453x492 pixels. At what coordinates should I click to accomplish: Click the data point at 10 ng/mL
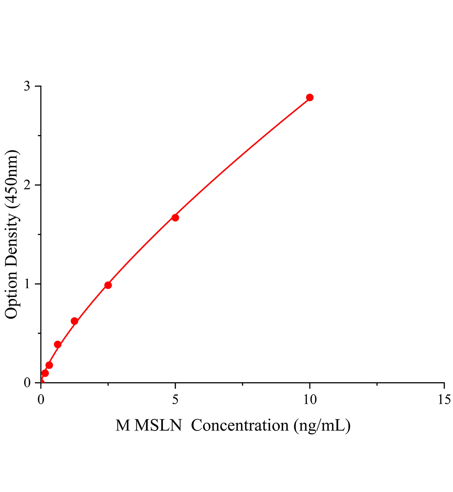click(310, 98)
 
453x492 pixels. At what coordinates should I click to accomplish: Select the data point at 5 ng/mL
click(175, 218)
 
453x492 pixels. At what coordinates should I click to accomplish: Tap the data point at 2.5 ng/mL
click(108, 285)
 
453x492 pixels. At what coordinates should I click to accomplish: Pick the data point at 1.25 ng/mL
click(74, 321)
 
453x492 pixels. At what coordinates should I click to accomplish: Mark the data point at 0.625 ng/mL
click(57, 344)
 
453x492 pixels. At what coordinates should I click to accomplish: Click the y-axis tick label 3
click(27, 86)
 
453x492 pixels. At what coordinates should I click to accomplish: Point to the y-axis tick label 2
click(27, 185)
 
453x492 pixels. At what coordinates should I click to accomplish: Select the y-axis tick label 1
click(27, 284)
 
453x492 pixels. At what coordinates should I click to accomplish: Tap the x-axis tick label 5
click(175, 399)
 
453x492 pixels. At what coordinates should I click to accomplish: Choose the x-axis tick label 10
click(310, 399)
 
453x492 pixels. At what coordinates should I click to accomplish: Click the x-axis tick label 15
click(444, 399)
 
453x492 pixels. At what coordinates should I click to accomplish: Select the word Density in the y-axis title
click(11, 242)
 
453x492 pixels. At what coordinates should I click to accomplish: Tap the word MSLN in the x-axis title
click(158, 426)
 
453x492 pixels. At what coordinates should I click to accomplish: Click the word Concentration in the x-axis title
click(240, 426)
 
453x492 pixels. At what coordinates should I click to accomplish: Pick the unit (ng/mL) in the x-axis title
click(322, 426)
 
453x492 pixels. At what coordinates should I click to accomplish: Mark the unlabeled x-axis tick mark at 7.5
click(243, 384)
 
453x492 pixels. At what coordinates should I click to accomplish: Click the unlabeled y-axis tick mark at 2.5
click(39, 136)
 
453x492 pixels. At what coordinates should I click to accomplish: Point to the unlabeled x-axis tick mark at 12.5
click(377, 384)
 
